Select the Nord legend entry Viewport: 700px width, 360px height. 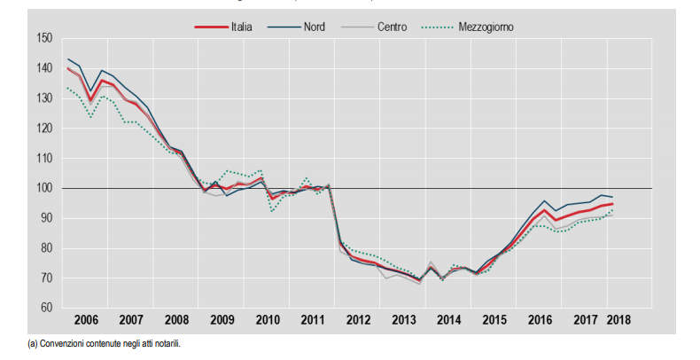[313, 27]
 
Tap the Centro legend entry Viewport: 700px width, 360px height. [392, 27]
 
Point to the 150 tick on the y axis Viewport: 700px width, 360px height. [43, 38]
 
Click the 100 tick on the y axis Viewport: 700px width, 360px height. [43, 188]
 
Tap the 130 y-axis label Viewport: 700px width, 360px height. [43, 98]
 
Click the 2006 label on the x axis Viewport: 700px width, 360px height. [85, 319]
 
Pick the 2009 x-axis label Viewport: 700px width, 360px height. [222, 319]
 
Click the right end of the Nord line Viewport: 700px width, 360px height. [612, 197]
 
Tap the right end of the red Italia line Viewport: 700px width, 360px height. [612, 204]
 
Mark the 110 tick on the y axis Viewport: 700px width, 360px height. [43, 158]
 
